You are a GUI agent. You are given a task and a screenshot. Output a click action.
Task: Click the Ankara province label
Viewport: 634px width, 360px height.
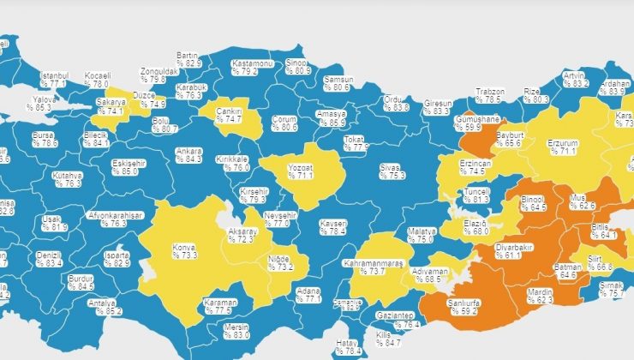pos(188,155)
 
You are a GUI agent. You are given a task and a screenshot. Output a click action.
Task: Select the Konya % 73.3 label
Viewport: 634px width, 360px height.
pos(184,250)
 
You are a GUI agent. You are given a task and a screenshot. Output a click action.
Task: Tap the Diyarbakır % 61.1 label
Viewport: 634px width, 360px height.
pos(500,249)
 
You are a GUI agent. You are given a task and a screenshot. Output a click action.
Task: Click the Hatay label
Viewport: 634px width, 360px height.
pos(346,346)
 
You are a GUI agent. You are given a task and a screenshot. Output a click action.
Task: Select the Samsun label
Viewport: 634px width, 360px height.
pos(336,83)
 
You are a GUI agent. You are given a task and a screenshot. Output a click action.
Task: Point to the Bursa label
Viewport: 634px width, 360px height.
pos(42,138)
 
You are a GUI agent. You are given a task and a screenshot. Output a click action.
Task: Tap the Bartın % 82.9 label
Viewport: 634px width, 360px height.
pos(188,58)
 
